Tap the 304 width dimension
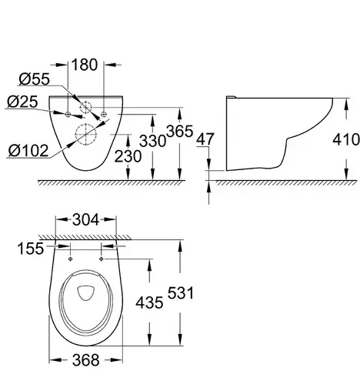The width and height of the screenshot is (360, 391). [85, 219]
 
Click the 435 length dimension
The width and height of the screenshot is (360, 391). [149, 302]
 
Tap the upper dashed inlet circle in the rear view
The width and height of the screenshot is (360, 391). [86, 108]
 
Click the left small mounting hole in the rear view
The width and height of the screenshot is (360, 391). [68, 114]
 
